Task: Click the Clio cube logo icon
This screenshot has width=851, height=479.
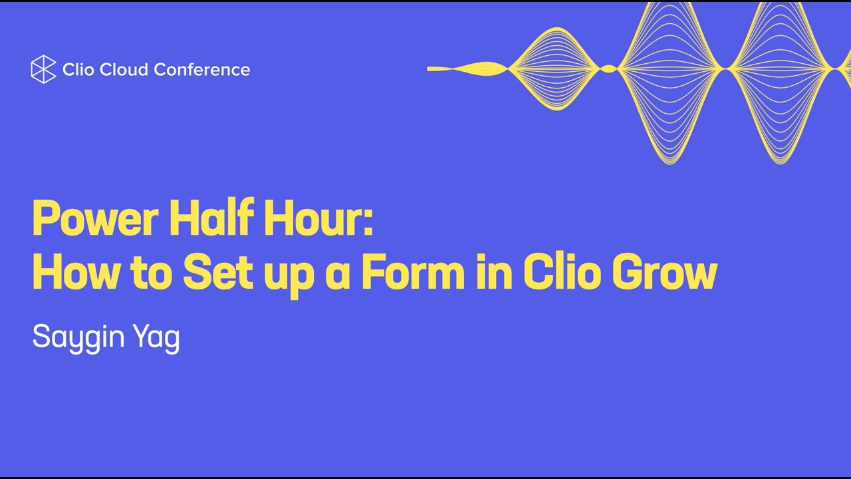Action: coord(43,69)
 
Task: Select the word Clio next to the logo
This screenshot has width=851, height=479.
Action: coord(78,69)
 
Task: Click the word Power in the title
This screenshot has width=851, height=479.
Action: coord(95,220)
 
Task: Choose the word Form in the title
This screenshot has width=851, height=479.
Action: coord(412,272)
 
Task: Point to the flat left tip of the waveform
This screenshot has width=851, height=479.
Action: coord(431,69)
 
